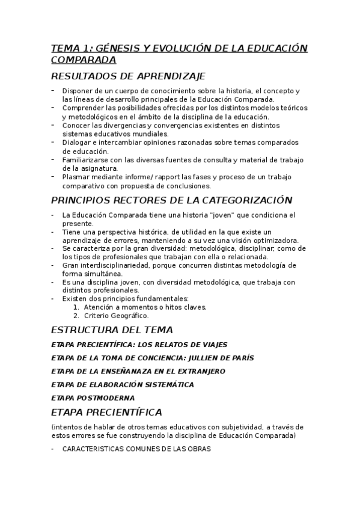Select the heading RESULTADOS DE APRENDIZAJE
point(128,76)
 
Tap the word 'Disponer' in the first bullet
point(77,91)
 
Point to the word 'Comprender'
point(82,108)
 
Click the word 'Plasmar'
point(75,177)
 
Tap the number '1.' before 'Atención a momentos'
point(76,307)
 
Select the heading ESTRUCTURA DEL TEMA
point(112,330)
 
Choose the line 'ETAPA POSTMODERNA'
point(93,398)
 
